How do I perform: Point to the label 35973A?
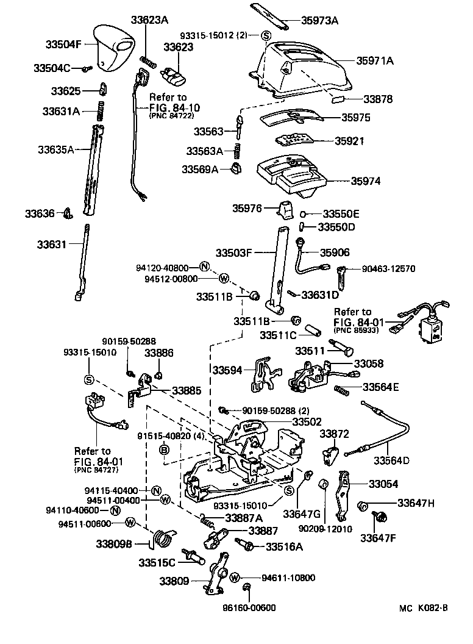319,20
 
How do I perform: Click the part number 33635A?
55,148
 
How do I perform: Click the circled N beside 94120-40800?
204,267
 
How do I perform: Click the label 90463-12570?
387,268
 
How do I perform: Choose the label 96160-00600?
248,607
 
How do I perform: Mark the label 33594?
227,370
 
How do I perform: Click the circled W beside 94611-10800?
235,577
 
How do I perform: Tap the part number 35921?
349,140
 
